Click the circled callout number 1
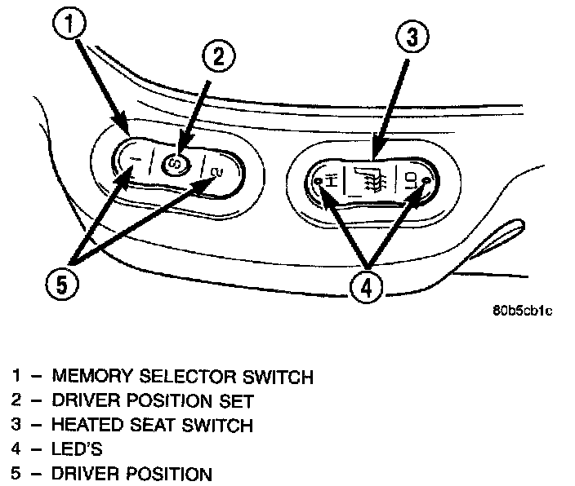coord(69,24)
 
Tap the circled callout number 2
coord(219,56)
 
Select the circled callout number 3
coord(412,37)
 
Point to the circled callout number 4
coord(367,287)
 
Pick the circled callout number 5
coord(62,285)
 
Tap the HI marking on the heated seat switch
coord(331,180)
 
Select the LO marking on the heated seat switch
coord(410,181)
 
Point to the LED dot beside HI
coord(318,181)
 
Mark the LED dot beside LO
coord(426,180)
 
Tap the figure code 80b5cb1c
coord(522,311)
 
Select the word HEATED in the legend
coord(87,425)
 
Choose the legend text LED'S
coord(77,449)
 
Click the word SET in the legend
coord(237,400)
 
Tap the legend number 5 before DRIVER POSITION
coord(16,473)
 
